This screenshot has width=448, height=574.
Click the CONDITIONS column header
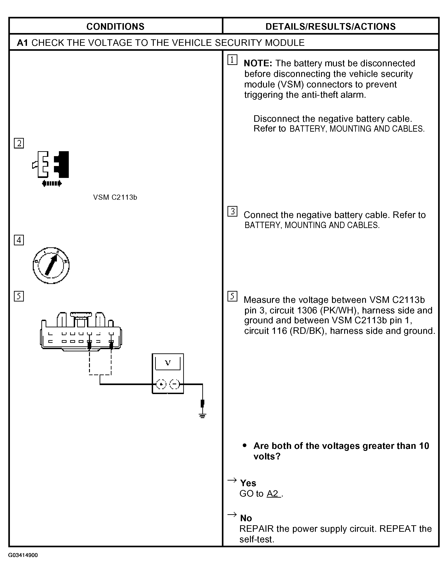[x=115, y=27]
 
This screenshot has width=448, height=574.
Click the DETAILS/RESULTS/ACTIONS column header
[x=330, y=27]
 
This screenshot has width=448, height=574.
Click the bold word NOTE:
[x=258, y=63]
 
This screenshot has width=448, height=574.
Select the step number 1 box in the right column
[x=232, y=60]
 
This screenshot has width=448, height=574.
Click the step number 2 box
[x=19, y=143]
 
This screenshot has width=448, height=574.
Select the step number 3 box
[x=232, y=211]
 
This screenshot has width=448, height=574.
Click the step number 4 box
[x=19, y=240]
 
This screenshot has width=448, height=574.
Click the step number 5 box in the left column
[x=19, y=296]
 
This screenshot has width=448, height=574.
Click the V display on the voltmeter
[x=168, y=363]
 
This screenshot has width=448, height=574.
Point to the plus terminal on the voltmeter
[x=161, y=385]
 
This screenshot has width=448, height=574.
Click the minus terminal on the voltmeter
[x=174, y=385]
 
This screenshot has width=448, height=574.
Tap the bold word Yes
[x=248, y=483]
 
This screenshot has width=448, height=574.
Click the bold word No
[x=246, y=518]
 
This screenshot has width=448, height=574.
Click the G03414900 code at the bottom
[x=23, y=555]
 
